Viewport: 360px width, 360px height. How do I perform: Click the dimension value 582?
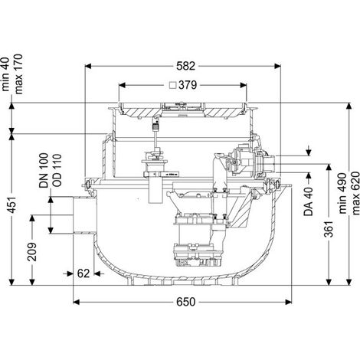185,66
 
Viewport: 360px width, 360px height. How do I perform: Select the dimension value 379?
188,85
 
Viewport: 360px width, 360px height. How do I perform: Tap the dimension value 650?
185,302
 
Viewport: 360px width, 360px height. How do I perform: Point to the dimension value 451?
13,205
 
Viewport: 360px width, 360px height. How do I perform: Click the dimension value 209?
32,252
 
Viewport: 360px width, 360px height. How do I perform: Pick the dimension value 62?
83,273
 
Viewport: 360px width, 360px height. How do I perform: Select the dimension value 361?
329,228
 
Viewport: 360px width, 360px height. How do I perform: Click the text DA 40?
309,201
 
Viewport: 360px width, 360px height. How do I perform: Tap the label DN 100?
44,171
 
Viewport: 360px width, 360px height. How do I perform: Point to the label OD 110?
57,170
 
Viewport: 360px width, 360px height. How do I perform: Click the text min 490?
342,193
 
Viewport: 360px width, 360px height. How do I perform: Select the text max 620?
355,193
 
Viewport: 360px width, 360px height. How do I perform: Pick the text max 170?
18,74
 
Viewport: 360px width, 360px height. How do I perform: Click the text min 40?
5,74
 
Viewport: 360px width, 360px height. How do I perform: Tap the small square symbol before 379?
173,85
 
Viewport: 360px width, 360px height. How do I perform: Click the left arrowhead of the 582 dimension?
88,66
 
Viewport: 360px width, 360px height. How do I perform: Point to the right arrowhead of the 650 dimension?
288,302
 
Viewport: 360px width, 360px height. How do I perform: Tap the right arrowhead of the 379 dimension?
244,85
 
